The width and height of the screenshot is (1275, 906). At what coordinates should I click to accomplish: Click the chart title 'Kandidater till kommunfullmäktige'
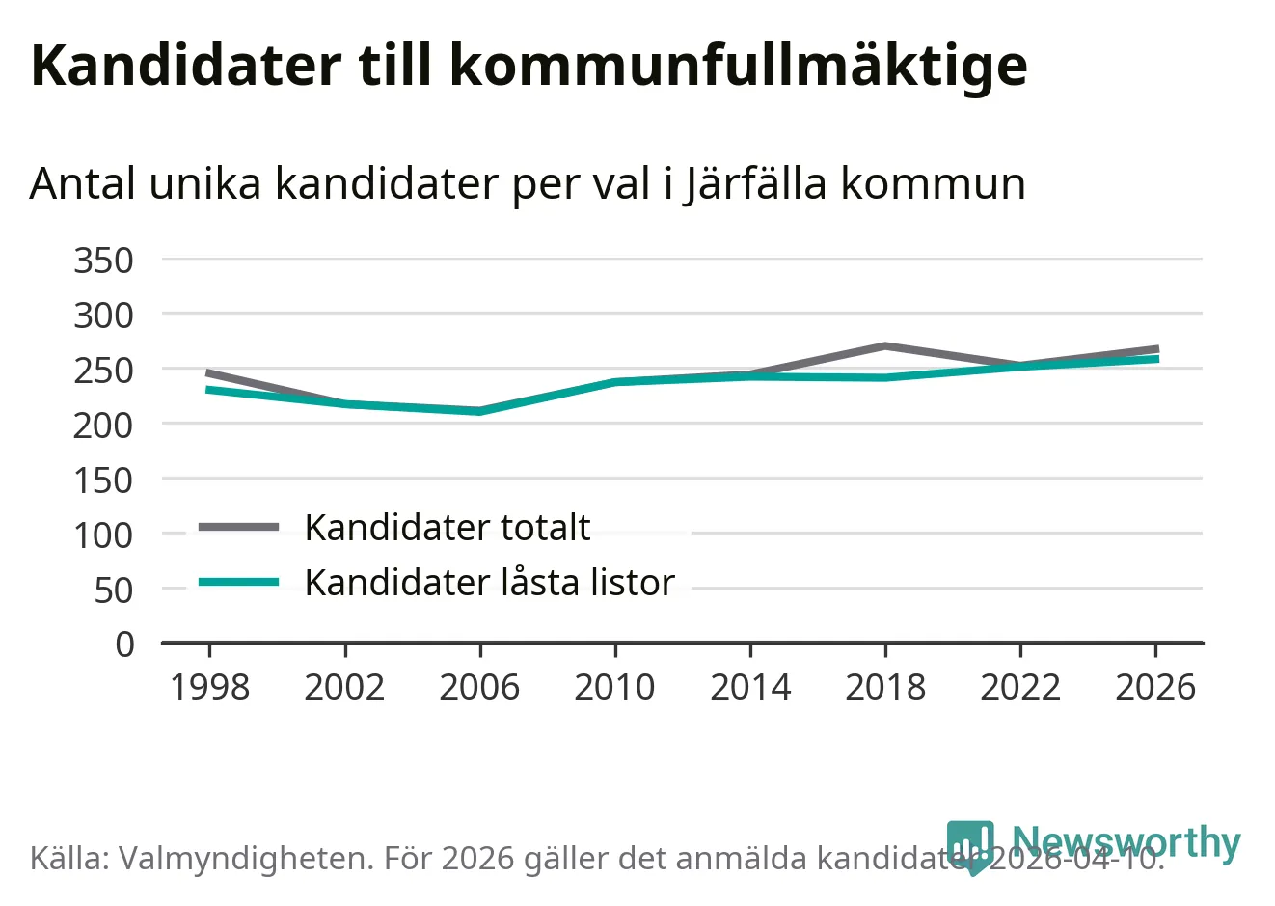tap(529, 66)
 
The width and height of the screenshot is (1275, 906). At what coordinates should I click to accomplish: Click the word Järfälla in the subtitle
tap(755, 183)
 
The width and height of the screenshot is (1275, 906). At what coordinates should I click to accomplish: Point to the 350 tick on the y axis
tap(103, 260)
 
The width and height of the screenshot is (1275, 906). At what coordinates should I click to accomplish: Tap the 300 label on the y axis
tap(103, 315)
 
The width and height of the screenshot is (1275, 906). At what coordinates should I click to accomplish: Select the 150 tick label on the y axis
tap(103, 480)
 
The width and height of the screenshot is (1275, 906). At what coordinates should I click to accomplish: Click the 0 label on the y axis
tap(124, 644)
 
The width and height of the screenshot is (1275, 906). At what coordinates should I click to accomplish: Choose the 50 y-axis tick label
tap(113, 590)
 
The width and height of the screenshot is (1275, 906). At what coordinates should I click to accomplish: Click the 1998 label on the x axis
tap(209, 687)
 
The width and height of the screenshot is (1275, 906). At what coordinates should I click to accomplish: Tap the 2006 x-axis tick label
tap(479, 687)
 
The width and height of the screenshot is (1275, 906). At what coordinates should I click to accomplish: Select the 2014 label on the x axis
tap(750, 687)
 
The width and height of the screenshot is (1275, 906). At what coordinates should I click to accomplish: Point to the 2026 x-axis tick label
tap(1155, 687)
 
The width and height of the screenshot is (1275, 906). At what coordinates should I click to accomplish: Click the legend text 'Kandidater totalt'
tap(448, 528)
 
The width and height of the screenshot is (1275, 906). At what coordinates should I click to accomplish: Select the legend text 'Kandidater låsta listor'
tap(489, 583)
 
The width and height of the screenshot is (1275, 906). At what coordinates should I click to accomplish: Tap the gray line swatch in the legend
tap(238, 527)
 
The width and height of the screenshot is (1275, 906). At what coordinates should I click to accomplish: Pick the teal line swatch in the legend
tap(238, 582)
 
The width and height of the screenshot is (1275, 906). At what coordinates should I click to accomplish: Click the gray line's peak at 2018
tap(885, 345)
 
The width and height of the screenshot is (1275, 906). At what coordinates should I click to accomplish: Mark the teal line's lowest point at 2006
tap(479, 411)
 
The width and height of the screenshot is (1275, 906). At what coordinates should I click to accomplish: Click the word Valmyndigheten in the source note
tap(245, 858)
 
